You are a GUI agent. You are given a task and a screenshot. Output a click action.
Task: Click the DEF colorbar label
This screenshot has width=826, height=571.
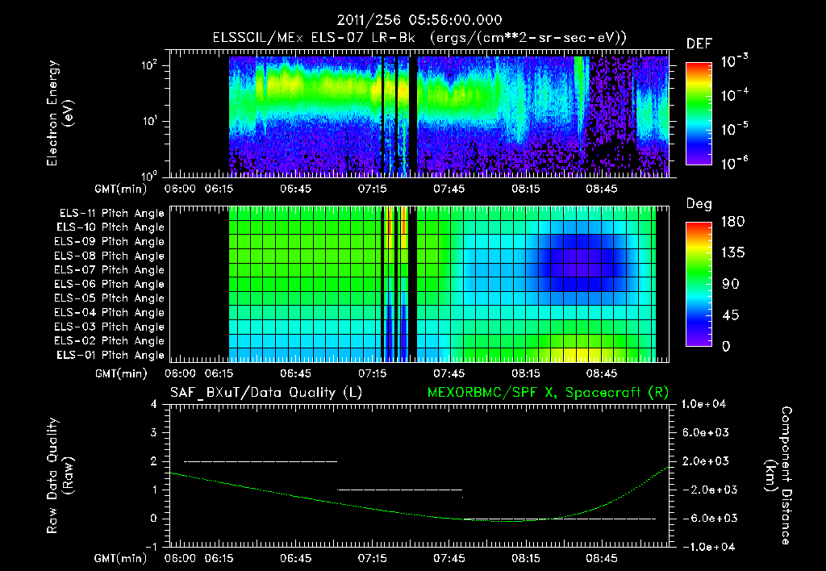pyautogui.click(x=699, y=44)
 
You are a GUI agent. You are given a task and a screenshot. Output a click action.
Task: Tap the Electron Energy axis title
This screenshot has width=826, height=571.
pyautogui.click(x=60, y=117)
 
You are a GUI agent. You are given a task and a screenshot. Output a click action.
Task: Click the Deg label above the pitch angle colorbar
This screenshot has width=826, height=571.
pyautogui.click(x=699, y=204)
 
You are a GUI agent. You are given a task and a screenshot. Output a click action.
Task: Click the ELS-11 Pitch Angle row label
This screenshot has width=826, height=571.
pyautogui.click(x=111, y=214)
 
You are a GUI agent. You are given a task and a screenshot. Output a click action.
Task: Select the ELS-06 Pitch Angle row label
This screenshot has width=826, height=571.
pyautogui.click(x=111, y=284)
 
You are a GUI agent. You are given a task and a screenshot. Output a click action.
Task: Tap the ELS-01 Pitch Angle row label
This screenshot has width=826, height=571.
pyautogui.click(x=111, y=355)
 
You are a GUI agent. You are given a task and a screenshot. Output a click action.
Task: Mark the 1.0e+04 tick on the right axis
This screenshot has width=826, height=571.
pyautogui.click(x=707, y=404)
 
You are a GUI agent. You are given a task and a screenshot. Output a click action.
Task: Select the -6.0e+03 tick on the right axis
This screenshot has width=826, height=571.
pyautogui.click(x=707, y=519)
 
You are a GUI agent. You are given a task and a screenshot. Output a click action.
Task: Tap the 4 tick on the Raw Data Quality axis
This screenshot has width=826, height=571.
pyautogui.click(x=156, y=404)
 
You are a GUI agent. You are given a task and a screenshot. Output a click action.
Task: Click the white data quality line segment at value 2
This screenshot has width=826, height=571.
pyautogui.click(x=260, y=461)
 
